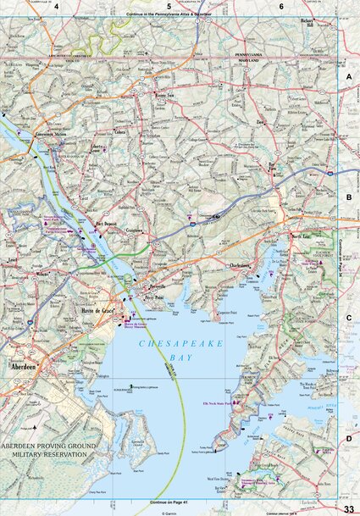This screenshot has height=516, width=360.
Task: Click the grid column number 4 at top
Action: click(56, 6)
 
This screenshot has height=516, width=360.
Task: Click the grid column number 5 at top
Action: click(169, 6)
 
